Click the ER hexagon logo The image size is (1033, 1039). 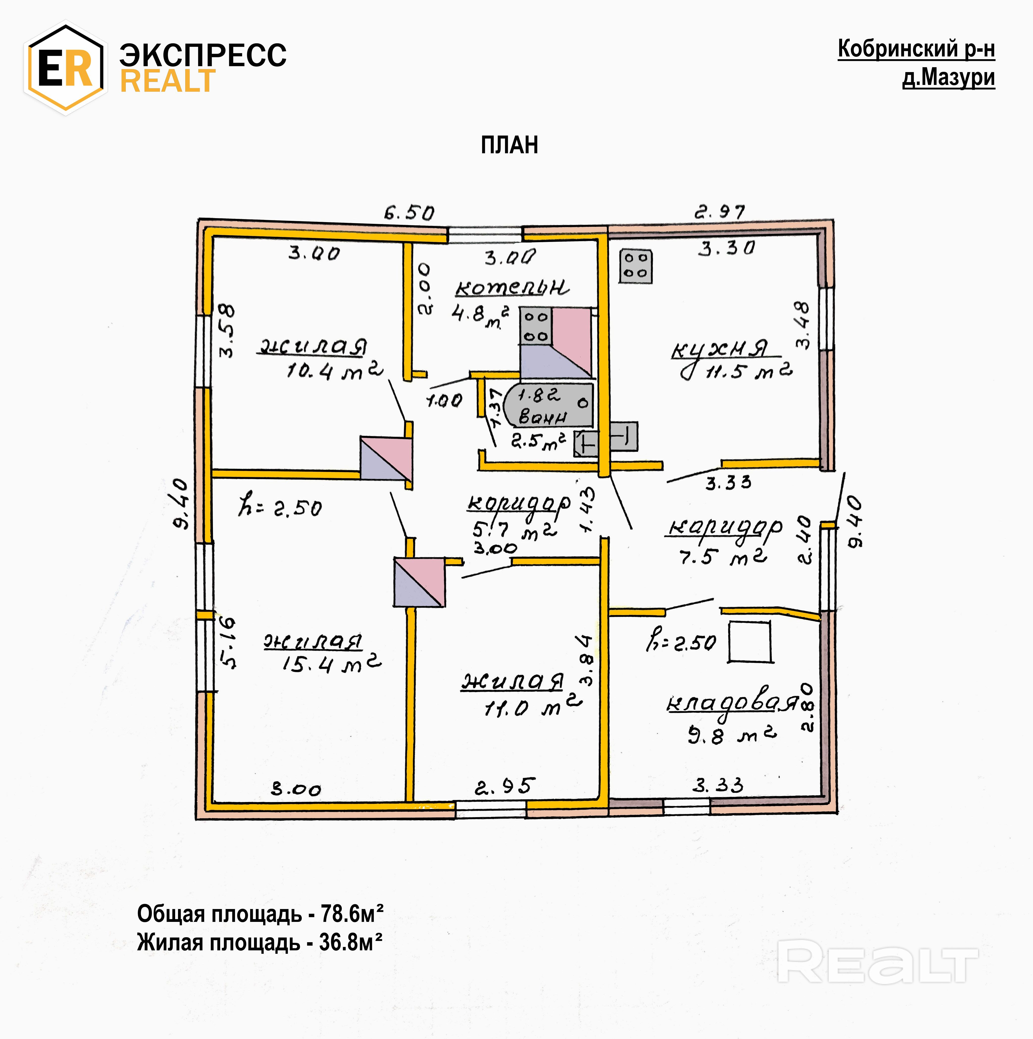point(65,68)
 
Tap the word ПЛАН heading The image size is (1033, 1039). point(509,145)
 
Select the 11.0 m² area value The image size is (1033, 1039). point(532,708)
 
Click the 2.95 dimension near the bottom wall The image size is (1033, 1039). point(504,787)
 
